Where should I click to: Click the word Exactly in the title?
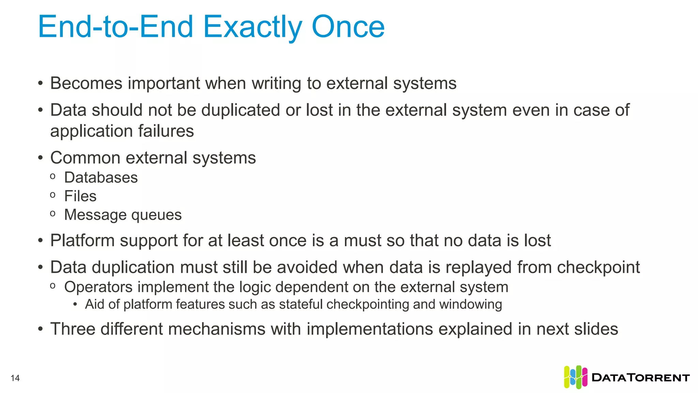253,27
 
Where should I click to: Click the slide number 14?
15,378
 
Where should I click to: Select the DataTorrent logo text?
641,378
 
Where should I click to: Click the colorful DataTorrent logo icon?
575,377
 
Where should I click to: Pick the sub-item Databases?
101,177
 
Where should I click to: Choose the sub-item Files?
80,196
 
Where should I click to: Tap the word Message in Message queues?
95,215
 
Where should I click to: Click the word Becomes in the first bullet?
86,83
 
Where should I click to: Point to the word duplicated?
240,110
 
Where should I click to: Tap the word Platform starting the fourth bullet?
82,241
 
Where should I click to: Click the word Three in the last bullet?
73,329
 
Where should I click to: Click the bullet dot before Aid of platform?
75,305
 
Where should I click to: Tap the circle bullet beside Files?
52,195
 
